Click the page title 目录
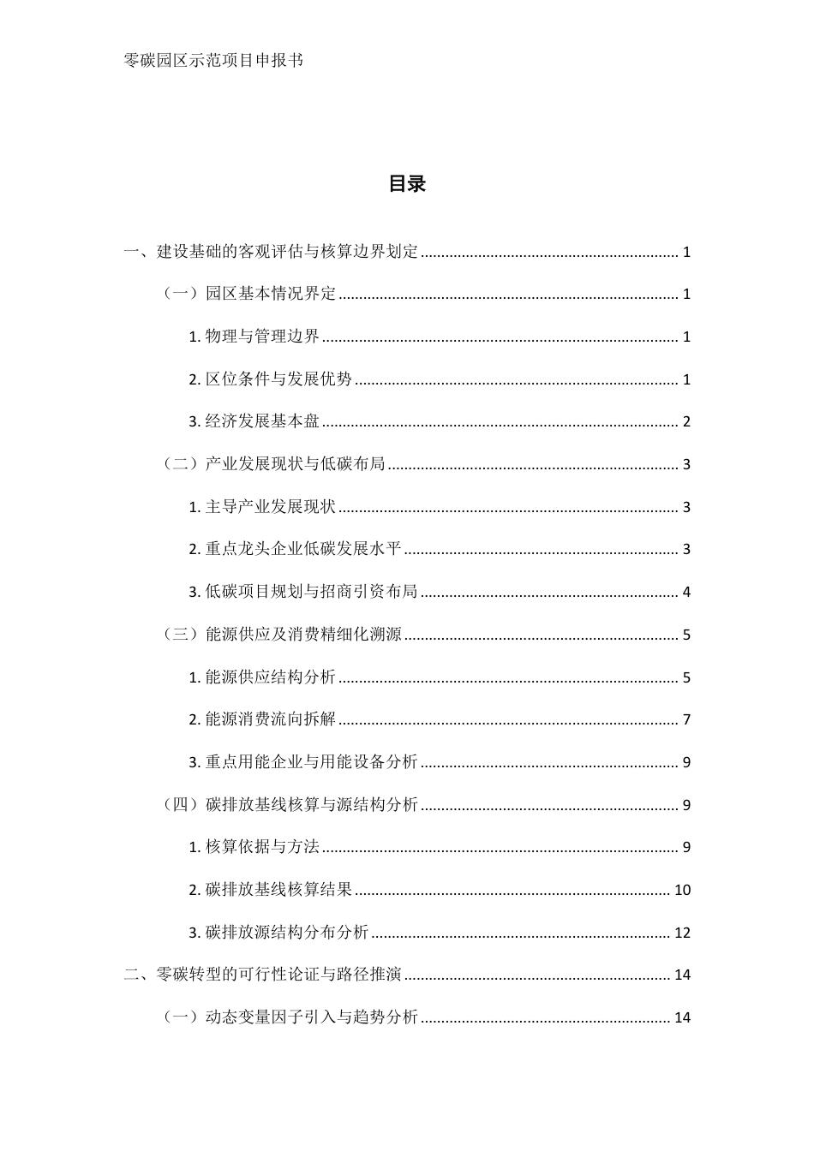(x=407, y=184)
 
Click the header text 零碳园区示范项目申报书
(x=213, y=61)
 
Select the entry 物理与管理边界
(x=262, y=337)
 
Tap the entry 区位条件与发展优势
(x=278, y=379)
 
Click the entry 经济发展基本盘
(x=262, y=421)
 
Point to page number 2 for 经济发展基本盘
(x=686, y=421)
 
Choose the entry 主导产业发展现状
(x=271, y=507)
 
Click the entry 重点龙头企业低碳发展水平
(x=303, y=549)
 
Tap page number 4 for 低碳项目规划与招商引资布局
(x=686, y=592)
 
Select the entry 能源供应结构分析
(x=271, y=677)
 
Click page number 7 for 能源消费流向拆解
(x=686, y=719)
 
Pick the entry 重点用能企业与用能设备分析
(x=311, y=762)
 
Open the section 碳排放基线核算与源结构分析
(x=312, y=805)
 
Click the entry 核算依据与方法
(x=262, y=847)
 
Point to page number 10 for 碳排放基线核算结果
(x=682, y=890)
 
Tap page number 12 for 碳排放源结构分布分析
(x=682, y=933)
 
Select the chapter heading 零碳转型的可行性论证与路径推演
(x=279, y=975)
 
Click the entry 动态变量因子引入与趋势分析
(x=312, y=1017)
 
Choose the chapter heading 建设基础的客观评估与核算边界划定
(x=288, y=252)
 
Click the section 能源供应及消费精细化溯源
(x=303, y=635)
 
